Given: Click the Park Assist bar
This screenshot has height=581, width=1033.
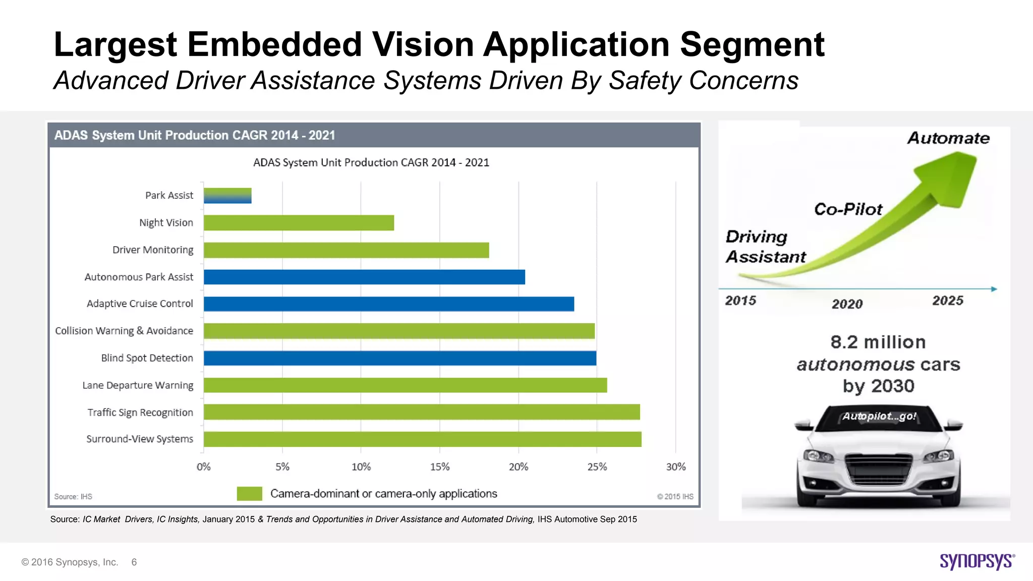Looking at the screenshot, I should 227,196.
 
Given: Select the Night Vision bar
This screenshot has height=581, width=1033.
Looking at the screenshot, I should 299,223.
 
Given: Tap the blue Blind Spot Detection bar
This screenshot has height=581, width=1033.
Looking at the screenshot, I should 400,358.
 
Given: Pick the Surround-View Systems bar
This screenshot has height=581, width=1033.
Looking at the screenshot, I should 423,439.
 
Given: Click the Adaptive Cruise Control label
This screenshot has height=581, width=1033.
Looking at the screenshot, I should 140,304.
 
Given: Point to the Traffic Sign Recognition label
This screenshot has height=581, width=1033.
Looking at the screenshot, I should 140,413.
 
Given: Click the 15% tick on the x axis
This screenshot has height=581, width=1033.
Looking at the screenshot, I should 440,467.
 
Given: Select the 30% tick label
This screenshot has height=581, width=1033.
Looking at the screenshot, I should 676,467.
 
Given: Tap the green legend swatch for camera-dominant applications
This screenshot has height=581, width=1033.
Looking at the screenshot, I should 249,494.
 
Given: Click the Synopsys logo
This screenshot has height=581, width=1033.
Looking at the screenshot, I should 977,561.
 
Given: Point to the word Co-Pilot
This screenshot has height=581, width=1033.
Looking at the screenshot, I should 848,209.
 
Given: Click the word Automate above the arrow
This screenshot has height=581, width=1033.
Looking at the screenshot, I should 948,138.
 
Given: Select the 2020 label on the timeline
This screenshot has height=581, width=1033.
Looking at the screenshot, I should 847,304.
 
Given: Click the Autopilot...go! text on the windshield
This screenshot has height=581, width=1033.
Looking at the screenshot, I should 879,417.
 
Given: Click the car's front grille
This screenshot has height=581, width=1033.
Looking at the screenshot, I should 878,467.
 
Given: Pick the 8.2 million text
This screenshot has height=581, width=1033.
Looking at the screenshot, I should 878,342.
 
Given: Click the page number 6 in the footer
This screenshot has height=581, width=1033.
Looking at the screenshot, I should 134,562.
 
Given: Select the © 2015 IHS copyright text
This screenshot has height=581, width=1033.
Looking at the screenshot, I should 675,497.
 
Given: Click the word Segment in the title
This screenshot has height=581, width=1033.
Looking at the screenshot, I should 752,44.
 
